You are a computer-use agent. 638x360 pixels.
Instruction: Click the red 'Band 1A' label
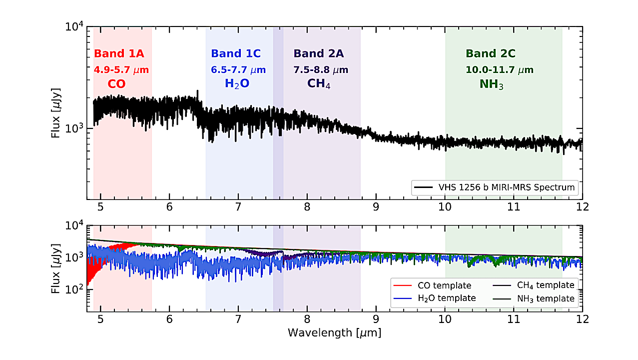pyautogui.click(x=119, y=53)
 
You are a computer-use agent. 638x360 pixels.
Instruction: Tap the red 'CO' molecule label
pyautogui.click(x=116, y=84)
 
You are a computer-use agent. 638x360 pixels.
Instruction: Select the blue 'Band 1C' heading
pyautogui.click(x=236, y=53)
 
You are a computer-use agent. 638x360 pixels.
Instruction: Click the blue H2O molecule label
pyautogui.click(x=237, y=84)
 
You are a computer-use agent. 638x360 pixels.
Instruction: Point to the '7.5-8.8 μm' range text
pyautogui.click(x=320, y=69)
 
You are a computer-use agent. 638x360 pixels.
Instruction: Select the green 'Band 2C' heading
pyautogui.click(x=491, y=53)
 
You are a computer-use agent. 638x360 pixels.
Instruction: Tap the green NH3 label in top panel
pyautogui.click(x=491, y=84)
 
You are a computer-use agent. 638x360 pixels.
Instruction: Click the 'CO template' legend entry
pyautogui.click(x=444, y=285)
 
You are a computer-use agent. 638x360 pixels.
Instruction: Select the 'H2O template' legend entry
pyautogui.click(x=446, y=298)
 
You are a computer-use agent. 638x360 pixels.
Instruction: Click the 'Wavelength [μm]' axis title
pyautogui.click(x=334, y=332)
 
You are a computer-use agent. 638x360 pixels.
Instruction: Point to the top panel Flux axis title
pyautogui.click(x=58, y=113)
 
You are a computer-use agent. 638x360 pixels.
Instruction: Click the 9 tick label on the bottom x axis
pyautogui.click(x=376, y=318)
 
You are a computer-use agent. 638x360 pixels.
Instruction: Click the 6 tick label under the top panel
pyautogui.click(x=169, y=206)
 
